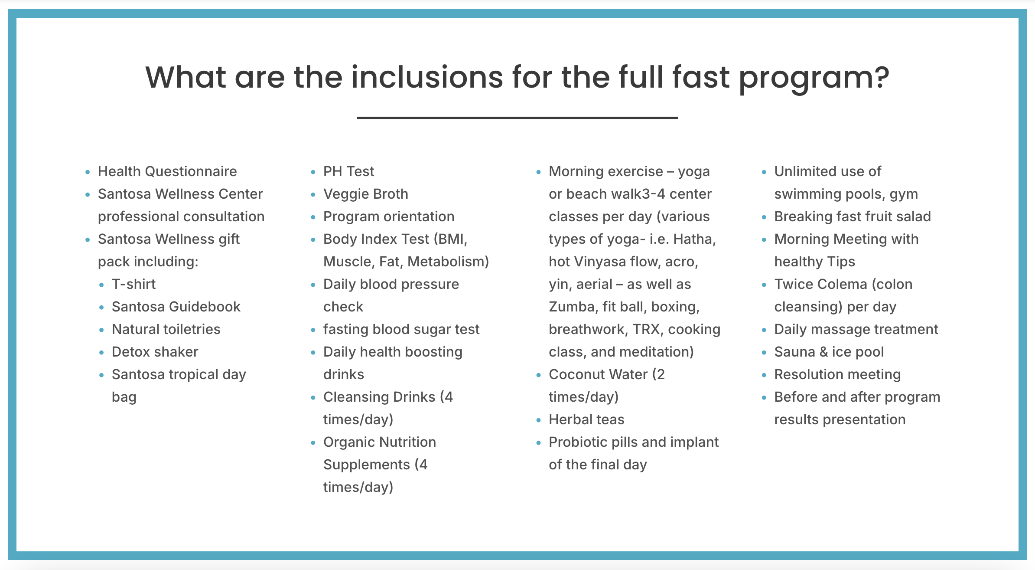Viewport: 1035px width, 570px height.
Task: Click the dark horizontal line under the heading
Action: click(517, 118)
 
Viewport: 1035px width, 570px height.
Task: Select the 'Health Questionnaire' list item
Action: click(167, 171)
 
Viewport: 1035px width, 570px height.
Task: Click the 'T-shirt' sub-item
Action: click(133, 284)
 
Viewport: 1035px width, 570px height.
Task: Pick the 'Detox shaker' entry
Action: click(155, 352)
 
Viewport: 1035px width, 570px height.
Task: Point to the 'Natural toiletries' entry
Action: click(166, 329)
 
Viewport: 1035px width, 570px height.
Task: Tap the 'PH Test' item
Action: click(348, 171)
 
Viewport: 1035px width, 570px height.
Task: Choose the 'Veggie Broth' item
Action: click(366, 194)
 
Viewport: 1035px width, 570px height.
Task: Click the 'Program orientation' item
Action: click(389, 216)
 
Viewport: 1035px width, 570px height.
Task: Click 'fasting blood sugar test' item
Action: click(401, 329)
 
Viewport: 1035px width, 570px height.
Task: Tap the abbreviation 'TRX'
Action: click(646, 329)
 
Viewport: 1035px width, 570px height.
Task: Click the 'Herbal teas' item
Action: click(586, 419)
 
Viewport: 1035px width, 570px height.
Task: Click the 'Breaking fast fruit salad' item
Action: click(853, 216)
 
